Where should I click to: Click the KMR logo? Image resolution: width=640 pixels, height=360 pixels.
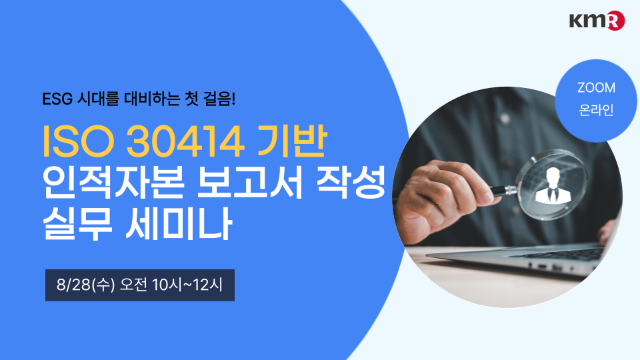(597, 21)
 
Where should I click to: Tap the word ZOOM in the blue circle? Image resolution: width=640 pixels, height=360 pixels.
(596, 88)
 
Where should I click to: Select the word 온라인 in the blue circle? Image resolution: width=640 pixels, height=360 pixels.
(596, 110)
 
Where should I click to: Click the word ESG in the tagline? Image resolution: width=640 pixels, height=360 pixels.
(57, 99)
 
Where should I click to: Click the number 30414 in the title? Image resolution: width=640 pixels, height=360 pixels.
(185, 141)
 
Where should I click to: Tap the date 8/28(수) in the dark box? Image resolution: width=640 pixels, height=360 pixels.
(86, 285)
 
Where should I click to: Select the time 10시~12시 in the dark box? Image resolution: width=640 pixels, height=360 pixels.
(187, 285)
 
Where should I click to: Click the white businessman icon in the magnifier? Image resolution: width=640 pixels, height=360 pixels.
(552, 186)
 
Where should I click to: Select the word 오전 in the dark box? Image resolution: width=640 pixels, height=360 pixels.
(133, 285)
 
